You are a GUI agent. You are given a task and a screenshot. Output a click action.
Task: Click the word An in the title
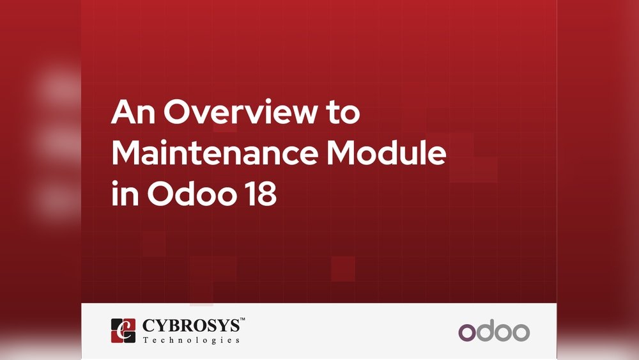click(133, 112)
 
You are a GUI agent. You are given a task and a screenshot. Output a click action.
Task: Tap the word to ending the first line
click(343, 113)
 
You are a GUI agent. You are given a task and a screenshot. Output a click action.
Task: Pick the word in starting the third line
click(125, 193)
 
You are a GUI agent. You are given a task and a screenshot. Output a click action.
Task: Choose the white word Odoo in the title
click(192, 192)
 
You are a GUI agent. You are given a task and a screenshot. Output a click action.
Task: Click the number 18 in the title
click(261, 193)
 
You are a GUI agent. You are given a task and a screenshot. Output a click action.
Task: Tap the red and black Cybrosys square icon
click(123, 331)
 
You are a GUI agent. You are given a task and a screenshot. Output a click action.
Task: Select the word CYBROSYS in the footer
click(191, 325)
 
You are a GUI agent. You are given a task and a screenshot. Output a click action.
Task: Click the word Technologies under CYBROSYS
click(191, 340)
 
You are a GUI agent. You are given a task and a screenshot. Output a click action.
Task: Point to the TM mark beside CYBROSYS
click(242, 319)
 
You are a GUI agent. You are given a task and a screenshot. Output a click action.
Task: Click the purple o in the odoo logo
click(467, 333)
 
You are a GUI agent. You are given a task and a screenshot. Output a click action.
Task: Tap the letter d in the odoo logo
click(486, 331)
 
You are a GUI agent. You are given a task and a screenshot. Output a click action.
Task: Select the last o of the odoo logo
click(521, 333)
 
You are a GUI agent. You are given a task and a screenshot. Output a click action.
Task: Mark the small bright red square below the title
click(343, 269)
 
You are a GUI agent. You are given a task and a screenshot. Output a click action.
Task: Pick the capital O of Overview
click(177, 111)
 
